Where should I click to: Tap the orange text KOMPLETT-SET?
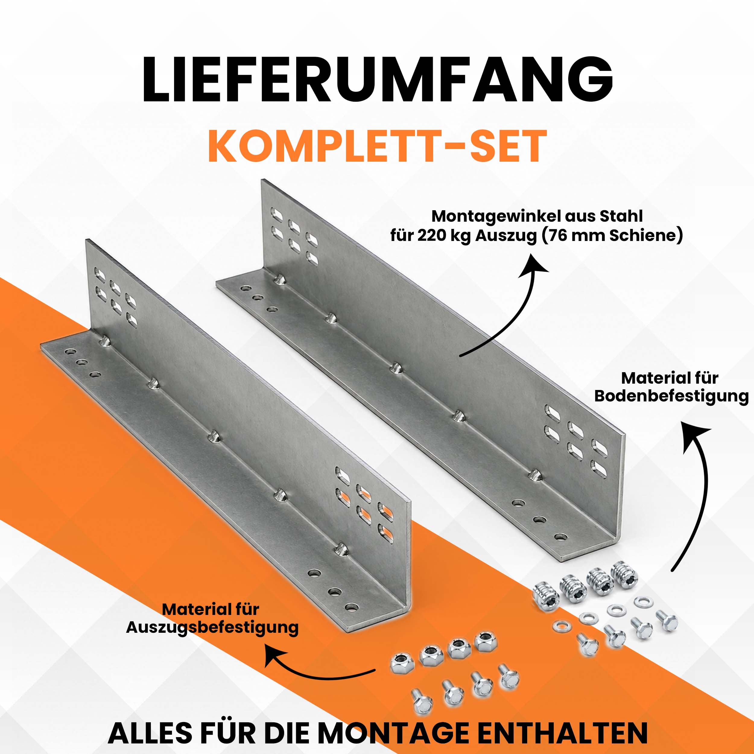click(x=377, y=146)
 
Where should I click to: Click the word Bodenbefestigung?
click(x=672, y=396)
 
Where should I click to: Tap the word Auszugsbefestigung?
click(x=212, y=628)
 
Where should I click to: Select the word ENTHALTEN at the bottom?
click(x=562, y=733)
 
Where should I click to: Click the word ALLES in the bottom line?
click(x=150, y=733)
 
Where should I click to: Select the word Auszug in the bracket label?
click(x=506, y=236)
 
